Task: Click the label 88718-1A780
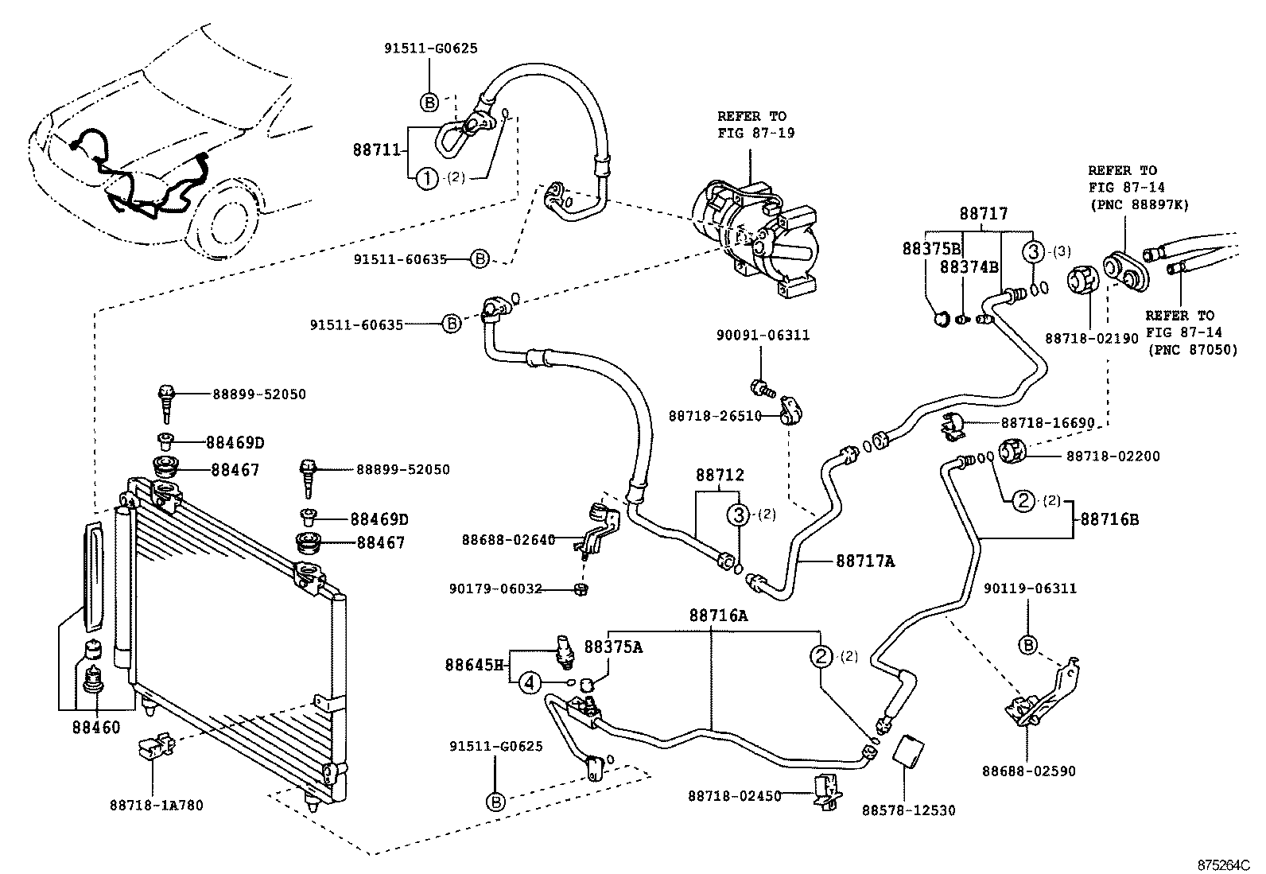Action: [x=156, y=805]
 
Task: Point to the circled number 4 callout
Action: [x=530, y=682]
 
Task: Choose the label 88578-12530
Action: [x=908, y=810]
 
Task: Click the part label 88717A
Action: [x=865, y=561]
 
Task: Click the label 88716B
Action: [x=1109, y=519]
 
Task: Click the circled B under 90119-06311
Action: [x=1028, y=645]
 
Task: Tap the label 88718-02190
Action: [x=1091, y=338]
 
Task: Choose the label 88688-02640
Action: [x=508, y=540]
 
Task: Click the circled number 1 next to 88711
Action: [x=427, y=178]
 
